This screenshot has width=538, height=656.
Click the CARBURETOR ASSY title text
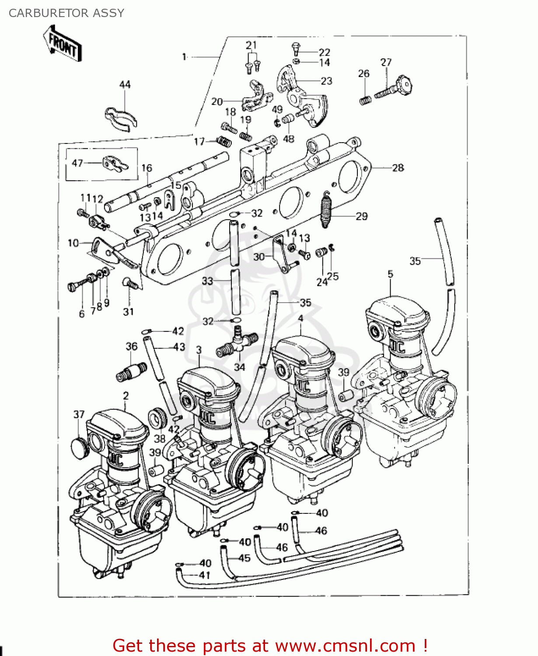[66, 13]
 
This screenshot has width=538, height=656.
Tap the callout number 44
[125, 84]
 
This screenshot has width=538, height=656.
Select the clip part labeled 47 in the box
[115, 164]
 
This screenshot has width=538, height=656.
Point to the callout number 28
[398, 168]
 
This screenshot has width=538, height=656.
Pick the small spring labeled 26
[365, 100]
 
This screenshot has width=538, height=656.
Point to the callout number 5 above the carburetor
[390, 274]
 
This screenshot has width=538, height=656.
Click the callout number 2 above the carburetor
[126, 396]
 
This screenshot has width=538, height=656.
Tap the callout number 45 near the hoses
[244, 558]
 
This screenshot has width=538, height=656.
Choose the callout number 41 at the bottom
[205, 575]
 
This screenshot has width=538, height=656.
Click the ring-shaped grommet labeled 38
[157, 419]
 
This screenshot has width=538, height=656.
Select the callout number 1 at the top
[184, 57]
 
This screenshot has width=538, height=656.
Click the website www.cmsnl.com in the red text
[345, 646]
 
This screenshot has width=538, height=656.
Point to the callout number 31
[128, 312]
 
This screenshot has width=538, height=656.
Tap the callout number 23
[326, 81]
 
